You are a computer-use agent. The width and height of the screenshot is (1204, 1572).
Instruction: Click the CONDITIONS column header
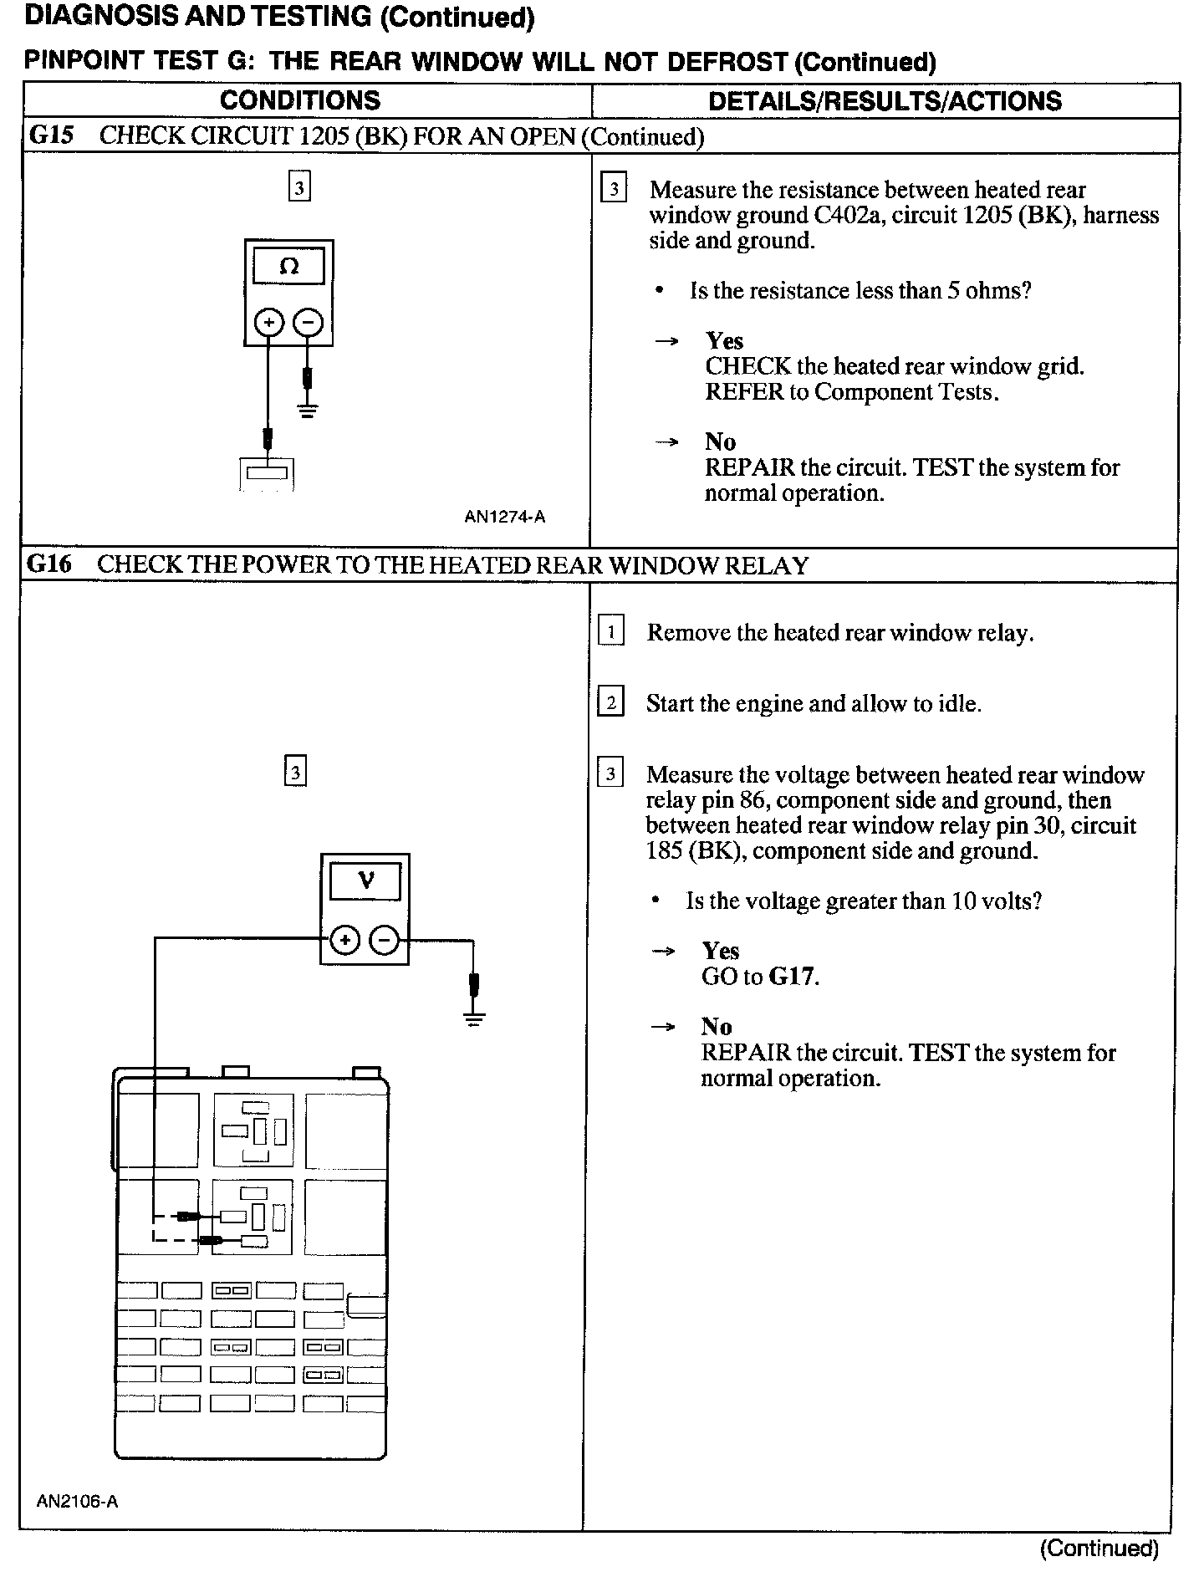click(299, 101)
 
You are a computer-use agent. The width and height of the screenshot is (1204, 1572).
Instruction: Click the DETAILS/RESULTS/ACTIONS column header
click(885, 101)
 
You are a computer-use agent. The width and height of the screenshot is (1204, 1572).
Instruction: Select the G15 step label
click(51, 136)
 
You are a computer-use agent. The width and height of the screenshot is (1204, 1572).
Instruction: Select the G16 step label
click(49, 564)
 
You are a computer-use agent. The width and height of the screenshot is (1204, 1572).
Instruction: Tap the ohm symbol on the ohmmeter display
click(288, 267)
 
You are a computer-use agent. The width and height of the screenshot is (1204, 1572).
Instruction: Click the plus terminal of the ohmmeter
click(268, 323)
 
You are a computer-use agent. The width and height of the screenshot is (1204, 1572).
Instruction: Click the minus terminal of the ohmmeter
click(309, 323)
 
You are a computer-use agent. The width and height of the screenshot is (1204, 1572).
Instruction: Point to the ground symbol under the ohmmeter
click(308, 411)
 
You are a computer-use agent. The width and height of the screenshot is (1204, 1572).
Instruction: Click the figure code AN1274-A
click(504, 517)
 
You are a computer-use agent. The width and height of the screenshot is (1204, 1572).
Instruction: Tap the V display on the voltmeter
click(365, 881)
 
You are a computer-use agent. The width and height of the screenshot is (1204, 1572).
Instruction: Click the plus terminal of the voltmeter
click(344, 941)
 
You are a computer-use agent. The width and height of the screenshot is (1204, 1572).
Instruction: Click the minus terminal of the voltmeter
click(385, 941)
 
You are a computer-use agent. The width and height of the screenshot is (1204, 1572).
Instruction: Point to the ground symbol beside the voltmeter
click(474, 1019)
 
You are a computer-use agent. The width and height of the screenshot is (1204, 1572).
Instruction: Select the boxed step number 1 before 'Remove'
click(611, 630)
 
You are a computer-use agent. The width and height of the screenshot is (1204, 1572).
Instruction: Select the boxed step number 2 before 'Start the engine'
click(610, 702)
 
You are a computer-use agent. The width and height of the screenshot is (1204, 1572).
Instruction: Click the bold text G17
click(791, 977)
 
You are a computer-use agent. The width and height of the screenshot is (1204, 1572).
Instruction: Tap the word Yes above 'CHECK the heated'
click(724, 340)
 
